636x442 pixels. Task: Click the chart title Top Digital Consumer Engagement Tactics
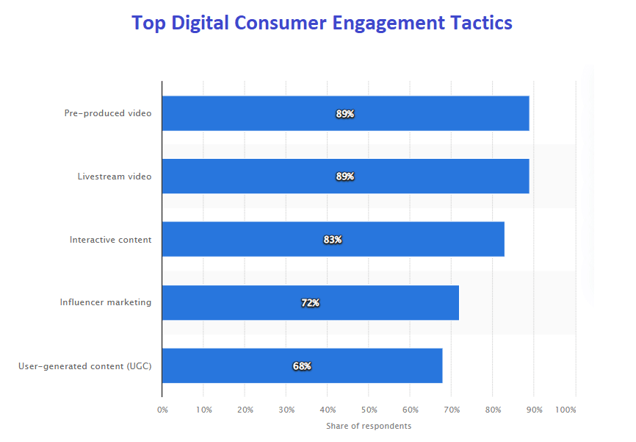(322, 23)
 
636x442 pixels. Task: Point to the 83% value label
(333, 240)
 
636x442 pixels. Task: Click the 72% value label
(310, 303)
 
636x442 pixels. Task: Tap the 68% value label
(302, 366)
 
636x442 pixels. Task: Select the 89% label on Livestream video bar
(345, 177)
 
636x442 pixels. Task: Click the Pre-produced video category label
(108, 113)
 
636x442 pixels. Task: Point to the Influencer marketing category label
(106, 302)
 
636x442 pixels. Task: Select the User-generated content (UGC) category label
(85, 366)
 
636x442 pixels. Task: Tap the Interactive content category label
(111, 240)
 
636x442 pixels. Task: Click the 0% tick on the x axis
(162, 410)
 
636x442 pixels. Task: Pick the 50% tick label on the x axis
(369, 410)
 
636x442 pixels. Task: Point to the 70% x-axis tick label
(452, 410)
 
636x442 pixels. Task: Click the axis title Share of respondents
(369, 427)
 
